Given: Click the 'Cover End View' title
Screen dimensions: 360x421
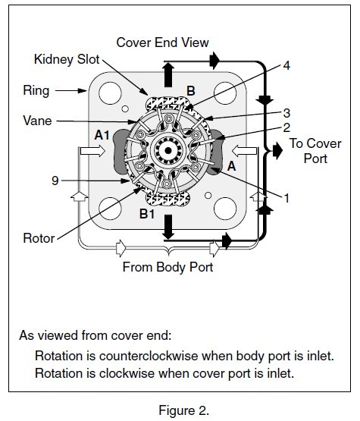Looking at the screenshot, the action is (162, 42).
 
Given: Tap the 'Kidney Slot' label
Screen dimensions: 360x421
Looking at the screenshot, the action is (67, 59).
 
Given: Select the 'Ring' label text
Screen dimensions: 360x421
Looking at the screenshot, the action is (36, 91).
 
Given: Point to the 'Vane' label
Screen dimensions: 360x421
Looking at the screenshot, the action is (37, 121).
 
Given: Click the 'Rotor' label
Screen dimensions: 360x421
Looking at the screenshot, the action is (39, 238).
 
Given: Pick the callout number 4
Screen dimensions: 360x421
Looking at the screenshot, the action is (286, 65).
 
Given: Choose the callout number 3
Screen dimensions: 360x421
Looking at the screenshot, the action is (286, 113).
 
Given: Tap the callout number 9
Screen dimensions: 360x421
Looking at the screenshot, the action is (55, 181).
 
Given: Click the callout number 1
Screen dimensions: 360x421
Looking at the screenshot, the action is (286, 199).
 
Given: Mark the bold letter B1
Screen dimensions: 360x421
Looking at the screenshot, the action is (147, 214).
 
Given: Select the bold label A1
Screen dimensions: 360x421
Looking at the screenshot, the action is (102, 135).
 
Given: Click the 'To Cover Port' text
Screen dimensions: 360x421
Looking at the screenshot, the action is (315, 151).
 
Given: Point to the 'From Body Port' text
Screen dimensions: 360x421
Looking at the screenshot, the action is (168, 267).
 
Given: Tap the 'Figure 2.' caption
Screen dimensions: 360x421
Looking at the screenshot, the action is (184, 410).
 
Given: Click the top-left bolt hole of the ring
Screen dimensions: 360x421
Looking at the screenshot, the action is (110, 93).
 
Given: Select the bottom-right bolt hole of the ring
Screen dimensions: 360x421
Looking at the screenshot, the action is (225, 209).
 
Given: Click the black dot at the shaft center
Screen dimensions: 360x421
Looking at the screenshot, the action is (168, 151).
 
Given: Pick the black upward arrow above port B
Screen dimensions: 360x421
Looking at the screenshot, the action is (168, 74).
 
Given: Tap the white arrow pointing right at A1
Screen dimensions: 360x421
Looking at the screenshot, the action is (92, 151).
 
